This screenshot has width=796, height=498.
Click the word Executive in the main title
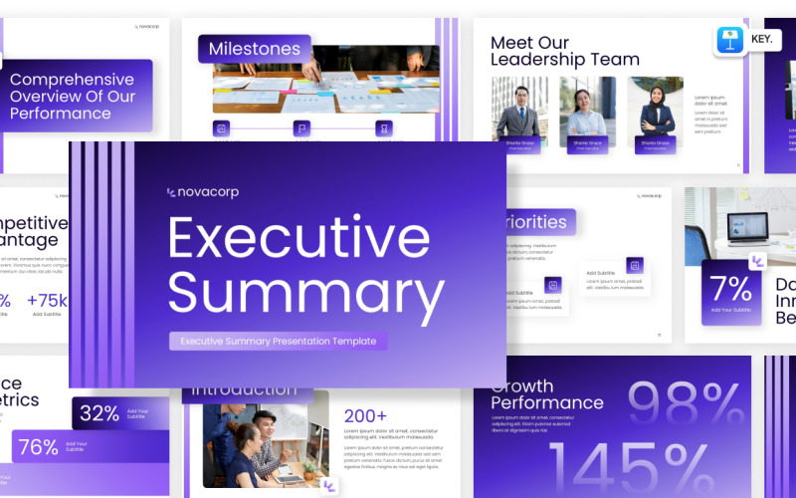(298, 237)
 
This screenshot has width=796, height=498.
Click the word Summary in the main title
(305, 294)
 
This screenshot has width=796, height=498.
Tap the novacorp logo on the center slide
(203, 192)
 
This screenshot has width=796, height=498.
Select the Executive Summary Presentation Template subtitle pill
(278, 341)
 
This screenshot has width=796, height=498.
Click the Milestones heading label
(254, 49)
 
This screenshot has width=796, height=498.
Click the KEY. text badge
(762, 40)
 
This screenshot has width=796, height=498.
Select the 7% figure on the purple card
(731, 289)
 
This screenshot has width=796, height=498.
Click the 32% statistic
(99, 412)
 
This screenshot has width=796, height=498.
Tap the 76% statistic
(39, 447)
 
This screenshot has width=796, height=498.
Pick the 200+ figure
(365, 416)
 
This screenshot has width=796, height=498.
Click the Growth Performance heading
(546, 394)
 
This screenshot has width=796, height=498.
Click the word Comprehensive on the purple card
(72, 80)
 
